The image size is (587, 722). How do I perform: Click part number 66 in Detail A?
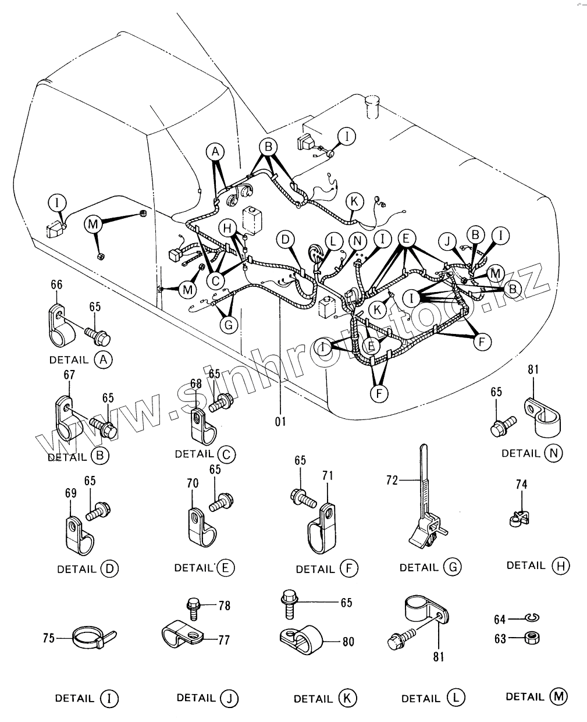56,285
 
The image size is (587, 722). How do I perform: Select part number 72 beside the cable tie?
392,480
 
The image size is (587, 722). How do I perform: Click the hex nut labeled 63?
530,638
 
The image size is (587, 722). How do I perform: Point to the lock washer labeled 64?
530,618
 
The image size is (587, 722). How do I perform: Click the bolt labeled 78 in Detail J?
193,606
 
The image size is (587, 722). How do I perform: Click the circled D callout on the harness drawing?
285,239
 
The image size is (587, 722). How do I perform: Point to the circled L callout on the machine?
333,240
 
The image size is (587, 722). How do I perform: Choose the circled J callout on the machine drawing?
447,239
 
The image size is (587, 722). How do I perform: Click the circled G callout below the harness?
229,325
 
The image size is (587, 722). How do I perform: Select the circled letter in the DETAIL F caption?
349,568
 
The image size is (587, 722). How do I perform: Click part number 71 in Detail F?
328,476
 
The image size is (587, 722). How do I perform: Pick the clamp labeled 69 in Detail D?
77,534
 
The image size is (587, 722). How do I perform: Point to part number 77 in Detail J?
223,640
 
